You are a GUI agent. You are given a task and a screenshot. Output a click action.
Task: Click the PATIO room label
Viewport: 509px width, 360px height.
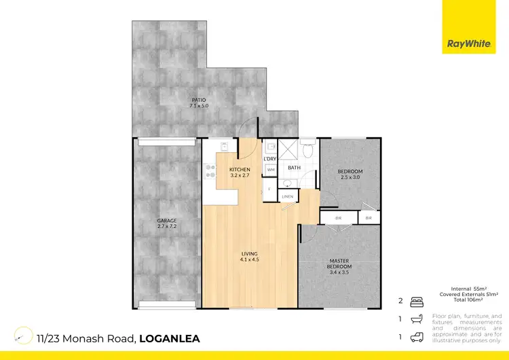tap(198, 103)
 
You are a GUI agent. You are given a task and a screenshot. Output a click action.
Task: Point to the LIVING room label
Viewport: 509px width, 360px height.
tap(250, 257)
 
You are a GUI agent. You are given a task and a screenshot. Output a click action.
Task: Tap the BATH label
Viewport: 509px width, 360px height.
tap(294, 167)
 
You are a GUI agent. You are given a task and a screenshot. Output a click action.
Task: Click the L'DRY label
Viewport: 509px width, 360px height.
tap(269, 158)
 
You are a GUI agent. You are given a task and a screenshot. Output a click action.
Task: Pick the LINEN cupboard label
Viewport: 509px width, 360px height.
tap(288, 196)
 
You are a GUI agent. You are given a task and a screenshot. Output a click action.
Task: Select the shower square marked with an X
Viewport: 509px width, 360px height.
tap(289, 151)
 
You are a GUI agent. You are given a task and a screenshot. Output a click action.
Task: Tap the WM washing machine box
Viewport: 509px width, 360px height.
tap(270, 169)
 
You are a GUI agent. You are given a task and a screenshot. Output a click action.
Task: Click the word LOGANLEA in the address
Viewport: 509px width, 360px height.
tap(170, 338)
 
